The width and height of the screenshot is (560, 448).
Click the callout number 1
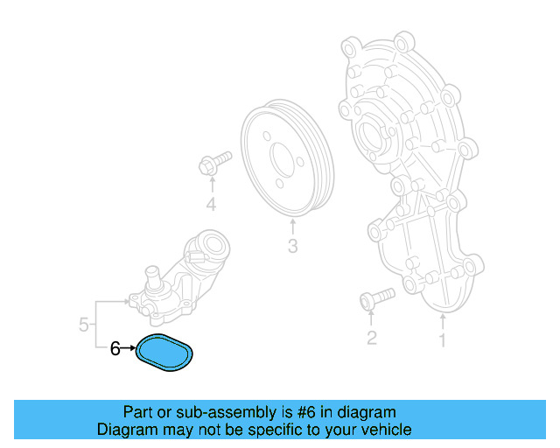tap(443, 337)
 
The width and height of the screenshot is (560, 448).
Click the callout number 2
tap(371, 337)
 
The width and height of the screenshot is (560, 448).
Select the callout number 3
tap(292, 248)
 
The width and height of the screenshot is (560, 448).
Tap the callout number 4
tap(211, 206)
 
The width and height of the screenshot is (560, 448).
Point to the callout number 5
tap(84, 325)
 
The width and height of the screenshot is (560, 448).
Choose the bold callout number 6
tap(115, 349)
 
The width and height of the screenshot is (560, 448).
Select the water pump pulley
tap(285, 158)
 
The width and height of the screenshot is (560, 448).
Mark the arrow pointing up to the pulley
tap(292, 226)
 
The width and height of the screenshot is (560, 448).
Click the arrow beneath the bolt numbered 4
tap(211, 184)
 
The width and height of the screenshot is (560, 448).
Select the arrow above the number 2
tap(371, 318)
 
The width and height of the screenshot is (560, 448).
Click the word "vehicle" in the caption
tap(386, 430)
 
